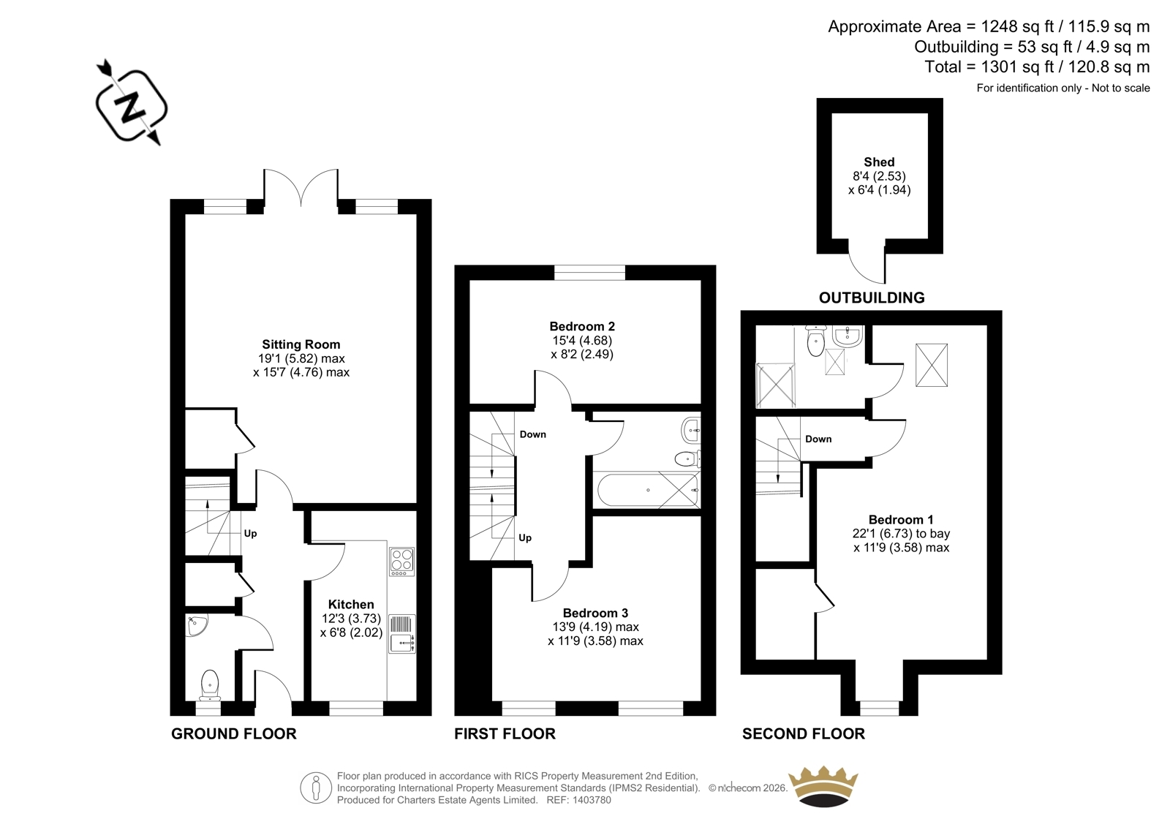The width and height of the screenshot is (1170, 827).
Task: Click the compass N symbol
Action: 131,104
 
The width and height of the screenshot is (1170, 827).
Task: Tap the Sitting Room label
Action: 301,344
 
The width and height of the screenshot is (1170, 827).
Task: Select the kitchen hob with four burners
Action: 401,562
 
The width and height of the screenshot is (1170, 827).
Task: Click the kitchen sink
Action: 402,634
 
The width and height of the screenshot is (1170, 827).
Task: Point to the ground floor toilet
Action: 210,685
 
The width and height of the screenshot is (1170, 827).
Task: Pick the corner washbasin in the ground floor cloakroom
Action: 196,625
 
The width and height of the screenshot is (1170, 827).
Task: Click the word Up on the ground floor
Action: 250,533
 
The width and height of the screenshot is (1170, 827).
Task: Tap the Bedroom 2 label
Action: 582,327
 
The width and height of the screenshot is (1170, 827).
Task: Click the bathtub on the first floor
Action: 648,490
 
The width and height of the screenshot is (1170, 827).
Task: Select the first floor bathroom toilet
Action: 687,458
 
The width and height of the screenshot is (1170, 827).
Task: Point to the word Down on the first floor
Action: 533,434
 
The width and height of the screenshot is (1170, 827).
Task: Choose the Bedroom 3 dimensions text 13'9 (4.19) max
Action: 595,627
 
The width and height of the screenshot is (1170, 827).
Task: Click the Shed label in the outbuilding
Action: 879,162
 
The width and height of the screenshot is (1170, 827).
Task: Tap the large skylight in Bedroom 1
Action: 932,365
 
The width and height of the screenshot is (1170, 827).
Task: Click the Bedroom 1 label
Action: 901,520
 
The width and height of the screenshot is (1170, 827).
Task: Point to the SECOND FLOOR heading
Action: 804,733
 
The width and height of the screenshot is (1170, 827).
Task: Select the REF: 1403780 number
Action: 578,800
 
